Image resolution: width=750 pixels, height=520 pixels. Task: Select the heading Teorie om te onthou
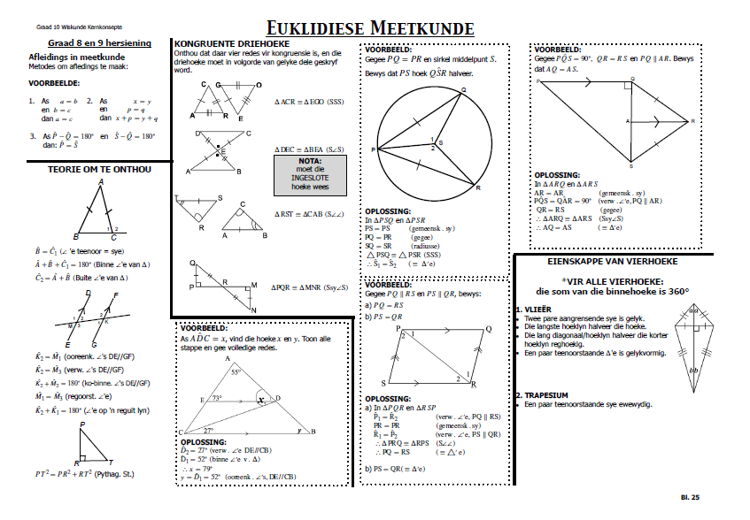(x=99, y=169)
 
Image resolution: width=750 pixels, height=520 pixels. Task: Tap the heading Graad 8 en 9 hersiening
(x=99, y=42)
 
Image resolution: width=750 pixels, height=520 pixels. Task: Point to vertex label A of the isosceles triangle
(x=101, y=182)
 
